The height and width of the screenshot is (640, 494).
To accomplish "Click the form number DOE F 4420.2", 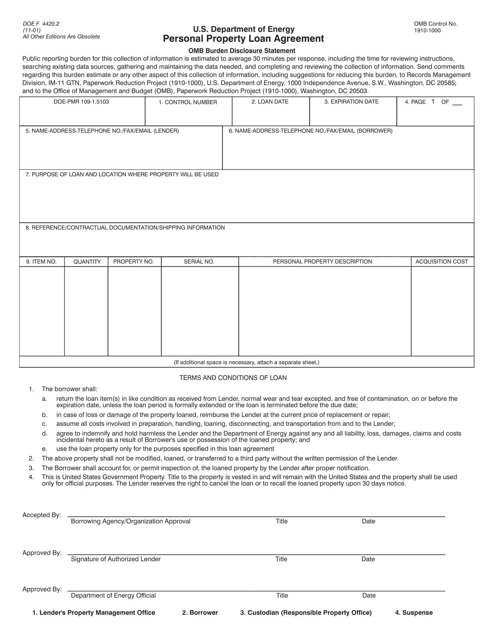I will tap(41, 24).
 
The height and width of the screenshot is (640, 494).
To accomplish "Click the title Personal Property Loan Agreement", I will tap(243, 39).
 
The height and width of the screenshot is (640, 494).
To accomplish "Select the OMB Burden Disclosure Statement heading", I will tap(241, 51).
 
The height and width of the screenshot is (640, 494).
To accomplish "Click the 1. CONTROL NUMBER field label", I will tap(188, 102).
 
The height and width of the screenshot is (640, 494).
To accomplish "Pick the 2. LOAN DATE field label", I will tap(270, 102).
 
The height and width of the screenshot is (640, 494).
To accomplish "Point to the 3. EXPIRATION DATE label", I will tap(351, 102).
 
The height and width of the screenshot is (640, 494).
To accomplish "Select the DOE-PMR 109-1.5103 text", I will tap(81, 102).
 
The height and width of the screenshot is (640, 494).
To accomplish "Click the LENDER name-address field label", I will tap(102, 131).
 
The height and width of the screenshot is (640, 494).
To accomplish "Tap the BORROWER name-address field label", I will tap(310, 131).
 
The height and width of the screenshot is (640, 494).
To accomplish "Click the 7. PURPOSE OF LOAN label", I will tap(122, 174).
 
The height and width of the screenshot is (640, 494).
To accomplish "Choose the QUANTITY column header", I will tap(87, 262).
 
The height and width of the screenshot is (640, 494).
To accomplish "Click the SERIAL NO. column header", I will tap(199, 262).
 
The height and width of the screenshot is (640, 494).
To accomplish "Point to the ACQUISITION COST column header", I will tap(442, 262).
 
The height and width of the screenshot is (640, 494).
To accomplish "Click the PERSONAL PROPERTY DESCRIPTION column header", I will tap(322, 262).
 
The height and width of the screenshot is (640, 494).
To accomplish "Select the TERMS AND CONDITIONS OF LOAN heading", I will tap(233, 378).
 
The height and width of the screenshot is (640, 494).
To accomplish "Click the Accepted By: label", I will tap(42, 515).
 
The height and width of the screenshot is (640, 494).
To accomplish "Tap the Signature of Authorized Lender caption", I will tap(116, 559).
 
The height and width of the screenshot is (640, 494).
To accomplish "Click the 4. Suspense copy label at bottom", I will tap(414, 612).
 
